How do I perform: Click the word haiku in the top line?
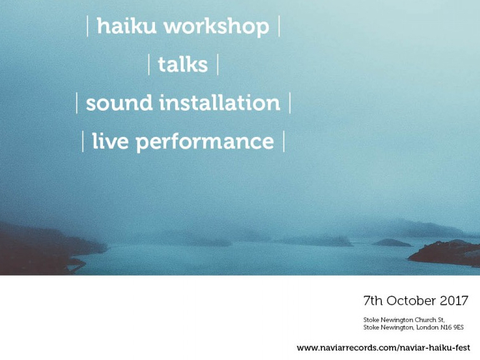click(x=126, y=26)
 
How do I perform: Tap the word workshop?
click(x=216, y=27)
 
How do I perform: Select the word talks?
click(x=182, y=64)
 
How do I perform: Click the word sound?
click(x=119, y=102)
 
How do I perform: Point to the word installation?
click(x=220, y=102)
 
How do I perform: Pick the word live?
click(x=110, y=141)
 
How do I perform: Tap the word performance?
click(x=205, y=142)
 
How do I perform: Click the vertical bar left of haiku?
click(x=88, y=26)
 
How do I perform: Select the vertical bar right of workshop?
click(x=279, y=26)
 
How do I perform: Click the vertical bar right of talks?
click(x=217, y=64)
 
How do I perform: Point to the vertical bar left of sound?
click(x=77, y=103)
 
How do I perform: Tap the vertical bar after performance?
click(x=284, y=141)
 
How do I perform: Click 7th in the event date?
click(x=373, y=301)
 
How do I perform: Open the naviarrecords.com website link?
click(x=383, y=347)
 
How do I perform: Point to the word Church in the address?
click(x=425, y=319)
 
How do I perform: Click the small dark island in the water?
click(x=392, y=242)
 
